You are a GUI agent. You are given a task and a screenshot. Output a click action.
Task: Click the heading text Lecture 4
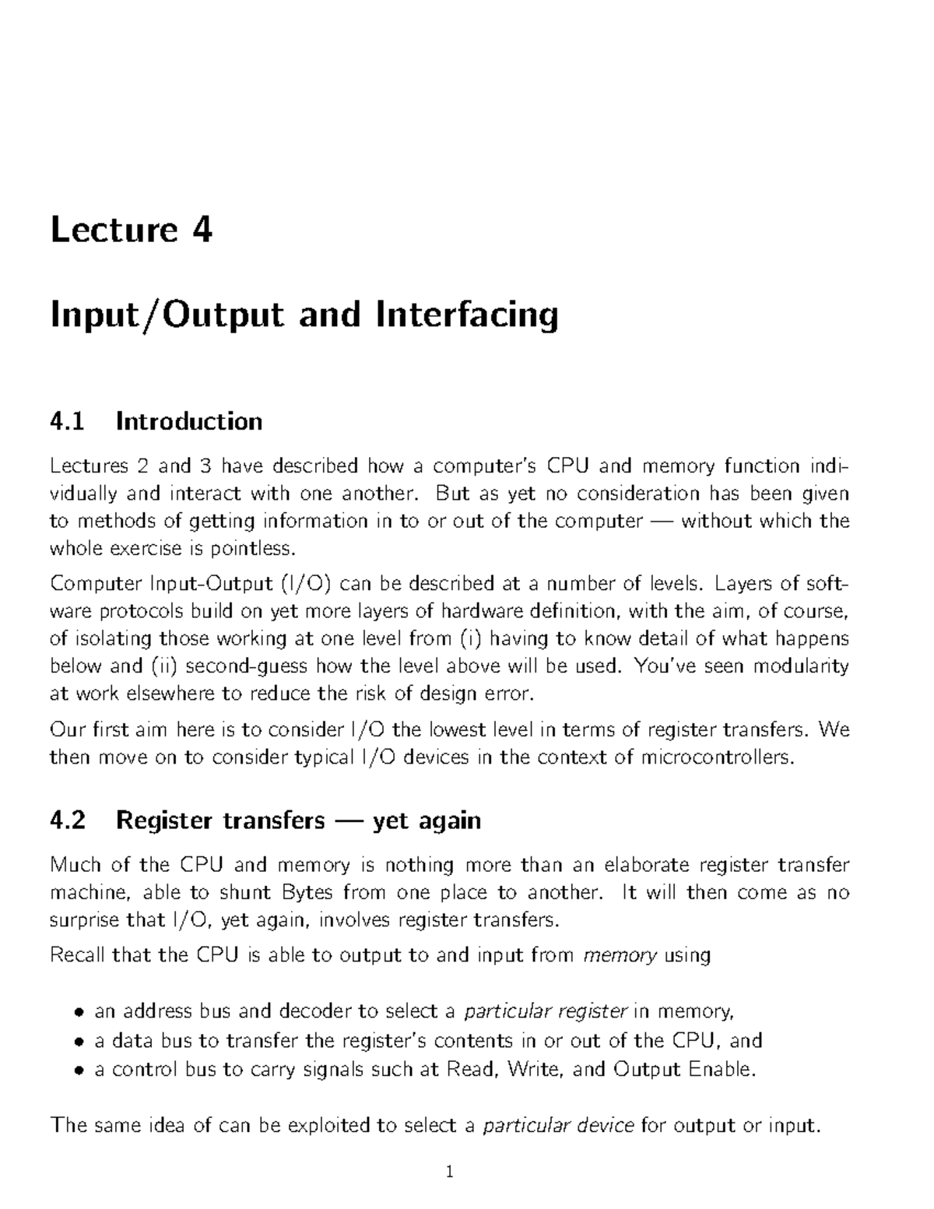pos(131,230)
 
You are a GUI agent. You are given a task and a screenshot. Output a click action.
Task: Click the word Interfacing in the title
pos(467,315)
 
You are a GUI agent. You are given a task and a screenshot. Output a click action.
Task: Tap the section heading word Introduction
pos(188,421)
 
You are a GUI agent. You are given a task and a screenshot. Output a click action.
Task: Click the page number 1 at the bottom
pos(450,1172)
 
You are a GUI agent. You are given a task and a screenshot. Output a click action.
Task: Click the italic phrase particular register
pos(545,1012)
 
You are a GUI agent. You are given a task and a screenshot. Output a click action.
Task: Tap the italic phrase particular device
pos(558,1126)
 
